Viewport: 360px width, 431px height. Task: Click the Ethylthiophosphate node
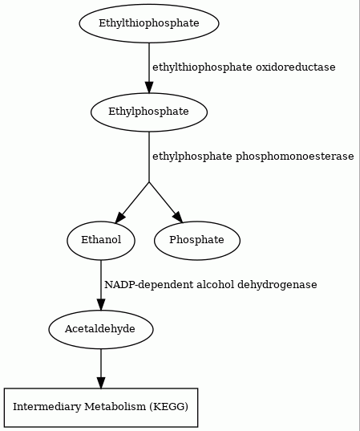[149, 23]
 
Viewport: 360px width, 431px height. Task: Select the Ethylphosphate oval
[149, 112]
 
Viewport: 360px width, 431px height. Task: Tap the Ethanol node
[101, 240]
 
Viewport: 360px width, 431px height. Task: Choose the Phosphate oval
[197, 240]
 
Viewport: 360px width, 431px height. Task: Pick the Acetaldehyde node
[101, 329]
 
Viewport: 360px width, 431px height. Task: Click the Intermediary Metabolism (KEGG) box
[101, 408]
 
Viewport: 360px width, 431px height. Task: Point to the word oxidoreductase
[296, 67]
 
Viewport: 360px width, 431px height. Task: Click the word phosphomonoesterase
[295, 157]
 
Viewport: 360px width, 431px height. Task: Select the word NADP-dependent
[149, 285]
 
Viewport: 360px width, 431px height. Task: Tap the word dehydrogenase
[277, 285]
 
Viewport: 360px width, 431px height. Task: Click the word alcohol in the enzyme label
[216, 284]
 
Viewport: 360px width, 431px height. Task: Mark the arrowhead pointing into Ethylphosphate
[149, 87]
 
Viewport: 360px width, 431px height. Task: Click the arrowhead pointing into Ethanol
[120, 217]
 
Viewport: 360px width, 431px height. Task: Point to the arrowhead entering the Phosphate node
[178, 217]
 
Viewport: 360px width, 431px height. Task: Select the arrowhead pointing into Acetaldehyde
[101, 304]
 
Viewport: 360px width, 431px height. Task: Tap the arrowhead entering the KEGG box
[101, 382]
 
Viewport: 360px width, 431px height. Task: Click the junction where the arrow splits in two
[149, 181]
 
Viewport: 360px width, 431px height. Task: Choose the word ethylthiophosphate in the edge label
[202, 67]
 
